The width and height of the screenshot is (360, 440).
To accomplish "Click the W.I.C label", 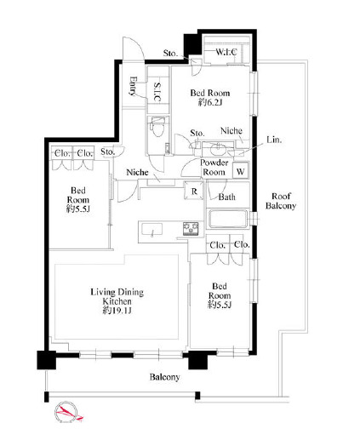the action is click(226, 52).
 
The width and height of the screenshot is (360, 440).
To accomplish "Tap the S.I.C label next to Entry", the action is click(157, 92).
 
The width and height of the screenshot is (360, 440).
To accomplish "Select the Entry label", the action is click(133, 86).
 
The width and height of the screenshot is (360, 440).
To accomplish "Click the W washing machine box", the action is click(241, 171).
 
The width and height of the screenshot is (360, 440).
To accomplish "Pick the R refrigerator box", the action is click(194, 191).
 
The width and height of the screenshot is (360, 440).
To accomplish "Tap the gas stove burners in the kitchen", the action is click(191, 229).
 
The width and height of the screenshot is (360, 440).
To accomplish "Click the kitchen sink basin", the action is click(152, 229).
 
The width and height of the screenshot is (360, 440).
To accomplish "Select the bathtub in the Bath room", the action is click(227, 219).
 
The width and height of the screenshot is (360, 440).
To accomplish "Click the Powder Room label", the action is click(214, 168).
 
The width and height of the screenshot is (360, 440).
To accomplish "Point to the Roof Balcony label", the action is click(281, 201).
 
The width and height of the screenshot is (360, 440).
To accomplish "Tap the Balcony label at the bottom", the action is click(164, 377).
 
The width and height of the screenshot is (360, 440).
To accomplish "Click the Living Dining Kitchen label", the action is click(117, 296).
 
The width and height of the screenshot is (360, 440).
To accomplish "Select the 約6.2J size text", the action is click(210, 102).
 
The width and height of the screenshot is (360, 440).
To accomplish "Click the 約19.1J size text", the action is click(117, 311).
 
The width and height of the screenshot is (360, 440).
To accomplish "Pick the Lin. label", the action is click(274, 140).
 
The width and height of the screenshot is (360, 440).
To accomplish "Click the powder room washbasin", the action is click(218, 148).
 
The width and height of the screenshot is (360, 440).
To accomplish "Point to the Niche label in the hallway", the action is click(137, 172).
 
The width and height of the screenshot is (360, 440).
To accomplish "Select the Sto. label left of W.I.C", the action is click(170, 53).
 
